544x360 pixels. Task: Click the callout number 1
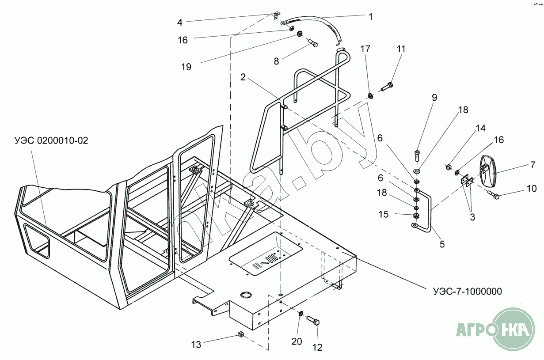point(371,17)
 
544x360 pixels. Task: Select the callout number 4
point(180,22)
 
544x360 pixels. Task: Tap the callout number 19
point(186,67)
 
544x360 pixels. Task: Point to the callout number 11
point(400,49)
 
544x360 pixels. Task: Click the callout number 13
point(196,344)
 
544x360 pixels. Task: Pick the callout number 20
point(297,341)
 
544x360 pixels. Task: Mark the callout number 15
point(384,214)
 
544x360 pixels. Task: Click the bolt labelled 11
point(387,86)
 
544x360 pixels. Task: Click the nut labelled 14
point(447,167)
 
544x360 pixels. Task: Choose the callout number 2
point(243,78)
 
